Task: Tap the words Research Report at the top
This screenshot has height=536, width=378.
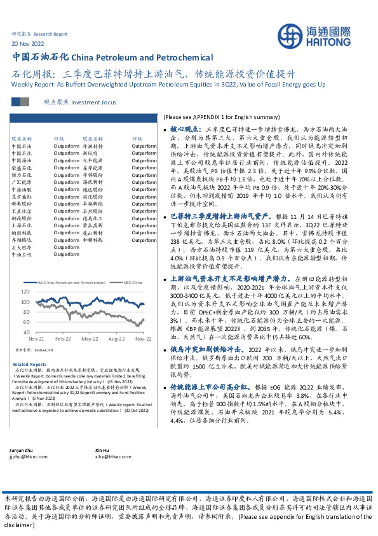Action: (x=50, y=32)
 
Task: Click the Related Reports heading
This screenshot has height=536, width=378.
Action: (x=30, y=364)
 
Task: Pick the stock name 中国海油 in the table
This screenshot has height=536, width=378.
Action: (x=20, y=160)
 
